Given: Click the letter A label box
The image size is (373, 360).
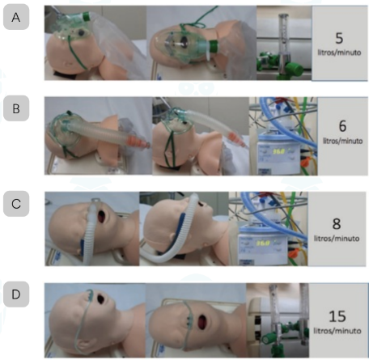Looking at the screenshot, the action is point(16,17).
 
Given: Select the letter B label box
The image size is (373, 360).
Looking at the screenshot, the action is point(16,108).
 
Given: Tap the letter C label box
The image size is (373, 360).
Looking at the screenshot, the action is point(16,204).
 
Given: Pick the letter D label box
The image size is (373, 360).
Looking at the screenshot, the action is point(16,294).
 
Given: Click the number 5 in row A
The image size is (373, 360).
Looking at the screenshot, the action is point(339,38).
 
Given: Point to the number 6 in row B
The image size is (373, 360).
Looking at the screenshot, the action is point(342,126).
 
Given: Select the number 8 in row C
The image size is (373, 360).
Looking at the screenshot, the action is point(337,224).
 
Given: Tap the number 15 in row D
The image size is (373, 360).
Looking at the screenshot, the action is point(337,316).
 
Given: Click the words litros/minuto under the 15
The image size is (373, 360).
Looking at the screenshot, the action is point(337,331).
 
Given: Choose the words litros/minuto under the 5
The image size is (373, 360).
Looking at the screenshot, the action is point(339,53).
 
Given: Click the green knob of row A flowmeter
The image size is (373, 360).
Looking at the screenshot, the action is point(295,70).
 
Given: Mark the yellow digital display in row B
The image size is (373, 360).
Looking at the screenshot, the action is point(278,151).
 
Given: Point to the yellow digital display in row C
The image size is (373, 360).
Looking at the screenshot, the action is point(263,244).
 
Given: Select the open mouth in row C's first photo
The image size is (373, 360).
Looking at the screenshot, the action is point(103,218).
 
